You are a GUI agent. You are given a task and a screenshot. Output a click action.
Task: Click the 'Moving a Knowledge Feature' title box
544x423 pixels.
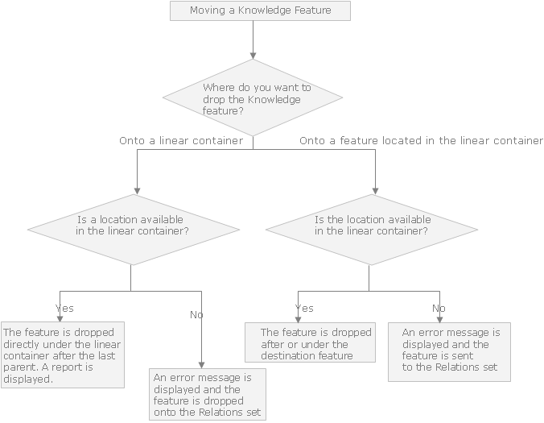pos(260,10)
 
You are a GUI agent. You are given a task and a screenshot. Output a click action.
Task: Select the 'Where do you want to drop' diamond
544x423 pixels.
pos(253,97)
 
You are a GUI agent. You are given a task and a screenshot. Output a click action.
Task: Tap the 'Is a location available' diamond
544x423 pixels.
pos(134,230)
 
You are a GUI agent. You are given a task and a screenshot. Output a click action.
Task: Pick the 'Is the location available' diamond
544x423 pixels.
pos(372,230)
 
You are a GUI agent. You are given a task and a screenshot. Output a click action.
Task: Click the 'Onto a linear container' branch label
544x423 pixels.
pos(181,141)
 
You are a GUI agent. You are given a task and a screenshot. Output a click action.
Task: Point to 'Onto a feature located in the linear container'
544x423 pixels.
pos(421,141)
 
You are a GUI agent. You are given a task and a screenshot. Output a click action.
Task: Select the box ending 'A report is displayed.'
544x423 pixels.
pos(63,355)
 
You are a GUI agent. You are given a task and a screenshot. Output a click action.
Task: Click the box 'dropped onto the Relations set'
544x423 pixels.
pos(208,395)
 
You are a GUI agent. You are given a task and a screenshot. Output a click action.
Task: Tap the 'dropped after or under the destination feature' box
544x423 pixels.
pos(310,342)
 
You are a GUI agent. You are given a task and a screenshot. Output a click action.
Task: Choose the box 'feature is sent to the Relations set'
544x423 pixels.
pos(449,352)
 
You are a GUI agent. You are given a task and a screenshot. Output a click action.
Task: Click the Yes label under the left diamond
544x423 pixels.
pos(64,309)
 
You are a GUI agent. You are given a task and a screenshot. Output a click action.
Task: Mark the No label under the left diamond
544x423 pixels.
pos(196,315)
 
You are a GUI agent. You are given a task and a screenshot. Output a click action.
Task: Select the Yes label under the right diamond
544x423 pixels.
pos(304,309)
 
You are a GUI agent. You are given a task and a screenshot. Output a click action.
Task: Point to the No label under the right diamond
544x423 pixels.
pos(439,309)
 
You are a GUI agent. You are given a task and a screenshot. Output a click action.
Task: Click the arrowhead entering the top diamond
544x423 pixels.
pos(253,56)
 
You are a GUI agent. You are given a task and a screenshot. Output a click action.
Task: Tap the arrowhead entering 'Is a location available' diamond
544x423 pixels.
pos(137,191)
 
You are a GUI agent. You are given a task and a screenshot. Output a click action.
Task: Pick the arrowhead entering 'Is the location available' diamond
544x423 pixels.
pos(375,191)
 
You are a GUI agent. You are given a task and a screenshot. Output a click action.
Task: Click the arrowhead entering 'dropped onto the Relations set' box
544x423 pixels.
pos(201,365)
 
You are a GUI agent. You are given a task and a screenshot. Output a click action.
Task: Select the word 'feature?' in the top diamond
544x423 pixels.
pos(223,111)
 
